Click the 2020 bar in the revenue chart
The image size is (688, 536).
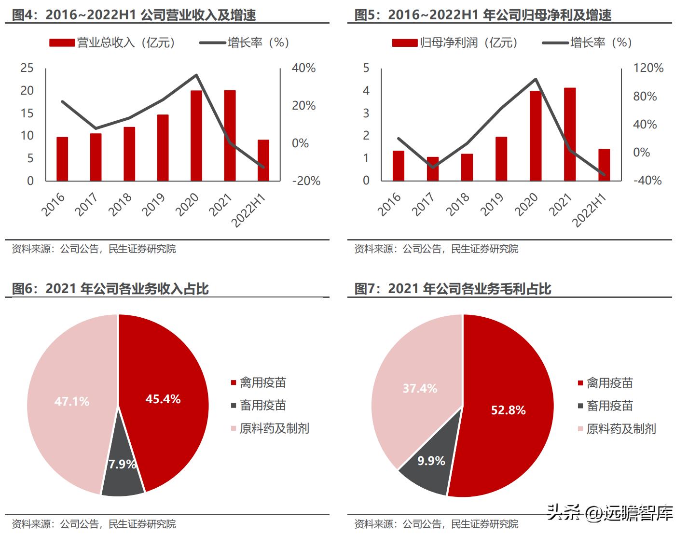(x=196, y=136)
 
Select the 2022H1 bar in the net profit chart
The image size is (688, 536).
(x=604, y=165)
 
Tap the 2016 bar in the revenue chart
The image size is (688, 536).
(x=62, y=159)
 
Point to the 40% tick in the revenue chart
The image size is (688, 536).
(x=303, y=68)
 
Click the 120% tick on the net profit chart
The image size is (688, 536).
(x=648, y=68)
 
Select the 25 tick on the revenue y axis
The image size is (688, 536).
(x=27, y=68)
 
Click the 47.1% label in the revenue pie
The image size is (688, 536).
(x=72, y=401)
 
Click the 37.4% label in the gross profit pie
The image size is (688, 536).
(x=420, y=388)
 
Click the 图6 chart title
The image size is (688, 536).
(x=110, y=289)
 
